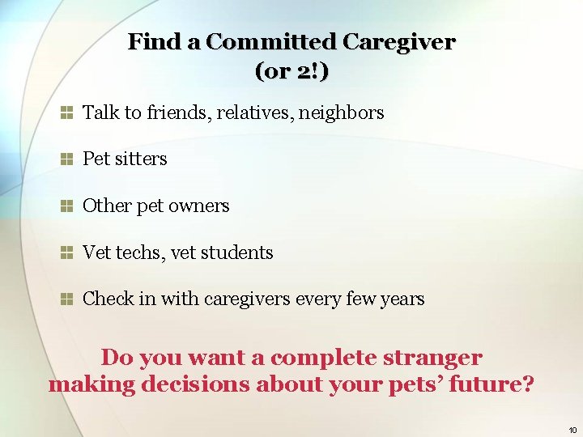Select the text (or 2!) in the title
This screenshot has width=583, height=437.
coord(291,71)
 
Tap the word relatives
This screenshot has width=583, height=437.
coord(255,113)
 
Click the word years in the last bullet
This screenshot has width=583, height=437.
coord(402,299)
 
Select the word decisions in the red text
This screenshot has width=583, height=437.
coord(195,384)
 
